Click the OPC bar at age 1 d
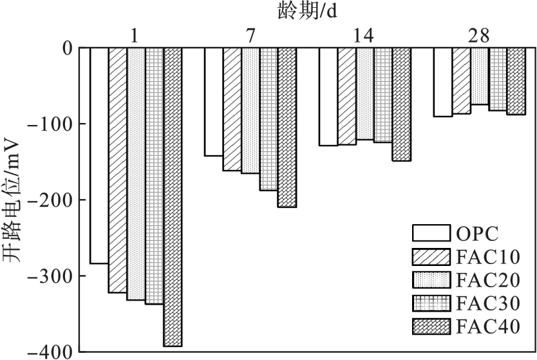pyautogui.click(x=99, y=155)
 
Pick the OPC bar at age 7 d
pyautogui.click(x=214, y=102)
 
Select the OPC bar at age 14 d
pyautogui.click(x=328, y=97)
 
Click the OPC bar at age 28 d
pyautogui.click(x=442, y=82)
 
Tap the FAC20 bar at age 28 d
pyautogui.click(x=480, y=76)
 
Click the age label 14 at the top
pyautogui.click(x=364, y=35)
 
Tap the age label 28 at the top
pyautogui.click(x=478, y=35)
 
